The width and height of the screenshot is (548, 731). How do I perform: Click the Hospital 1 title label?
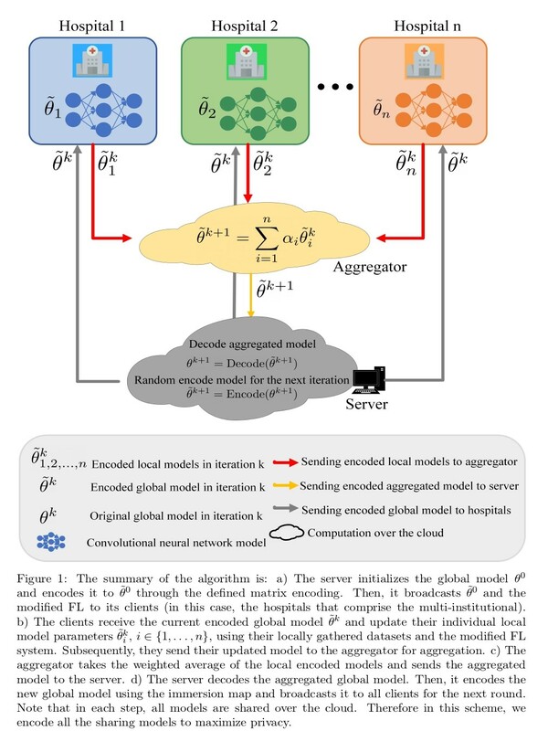(x=92, y=26)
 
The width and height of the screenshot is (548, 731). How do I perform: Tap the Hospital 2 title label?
(x=244, y=26)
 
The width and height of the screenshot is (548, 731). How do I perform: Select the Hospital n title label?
(x=427, y=26)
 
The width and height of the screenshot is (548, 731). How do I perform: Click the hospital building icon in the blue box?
(x=92, y=60)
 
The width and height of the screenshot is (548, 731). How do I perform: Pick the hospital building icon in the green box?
(x=246, y=61)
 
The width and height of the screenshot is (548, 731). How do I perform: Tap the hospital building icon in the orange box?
(x=424, y=61)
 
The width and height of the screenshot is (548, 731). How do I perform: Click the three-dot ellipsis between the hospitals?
(x=335, y=86)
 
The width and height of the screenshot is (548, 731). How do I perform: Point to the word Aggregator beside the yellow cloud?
(x=370, y=267)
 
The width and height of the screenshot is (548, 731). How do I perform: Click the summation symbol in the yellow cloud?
(x=266, y=238)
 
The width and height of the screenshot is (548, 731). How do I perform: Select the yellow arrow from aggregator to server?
(x=250, y=295)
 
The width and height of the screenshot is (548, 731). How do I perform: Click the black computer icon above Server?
(x=369, y=380)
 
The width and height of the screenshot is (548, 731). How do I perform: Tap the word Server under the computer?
(x=366, y=404)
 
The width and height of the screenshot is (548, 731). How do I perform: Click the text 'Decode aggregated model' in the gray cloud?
(x=252, y=344)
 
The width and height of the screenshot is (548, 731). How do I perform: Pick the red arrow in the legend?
(x=285, y=462)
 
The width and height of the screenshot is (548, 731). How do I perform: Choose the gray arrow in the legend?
(x=285, y=509)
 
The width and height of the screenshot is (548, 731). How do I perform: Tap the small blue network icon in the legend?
(x=51, y=542)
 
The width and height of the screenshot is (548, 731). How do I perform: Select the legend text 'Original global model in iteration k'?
(x=176, y=516)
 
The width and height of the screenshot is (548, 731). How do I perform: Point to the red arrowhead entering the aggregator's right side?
(x=382, y=238)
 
